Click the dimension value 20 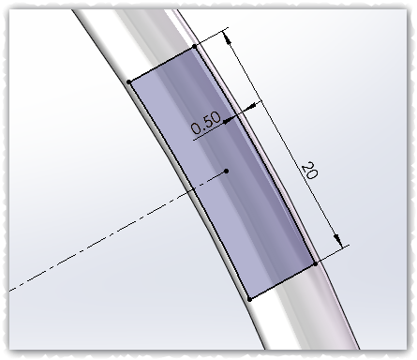pos(308,170)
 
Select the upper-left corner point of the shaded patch pos(128,82)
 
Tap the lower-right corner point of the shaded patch pos(316,264)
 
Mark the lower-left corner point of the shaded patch pos(249,298)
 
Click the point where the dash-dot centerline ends pos(228,172)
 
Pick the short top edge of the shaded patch pos(161,64)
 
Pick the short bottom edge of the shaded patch pos(283,281)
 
